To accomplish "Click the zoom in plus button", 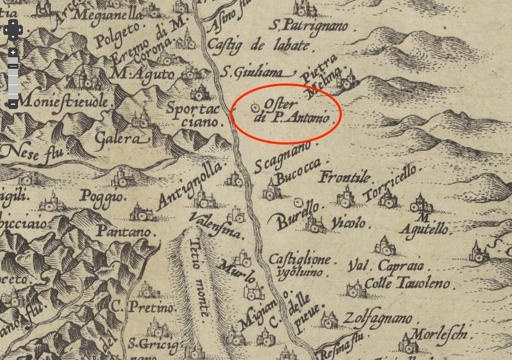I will (13, 53).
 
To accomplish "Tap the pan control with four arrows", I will (13, 29).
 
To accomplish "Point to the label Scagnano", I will (282, 156).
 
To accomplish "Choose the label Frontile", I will (345, 177).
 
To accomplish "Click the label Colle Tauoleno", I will (407, 284).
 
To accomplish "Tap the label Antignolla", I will (190, 185).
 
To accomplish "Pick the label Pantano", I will (124, 232).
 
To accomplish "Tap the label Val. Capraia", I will (385, 266).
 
